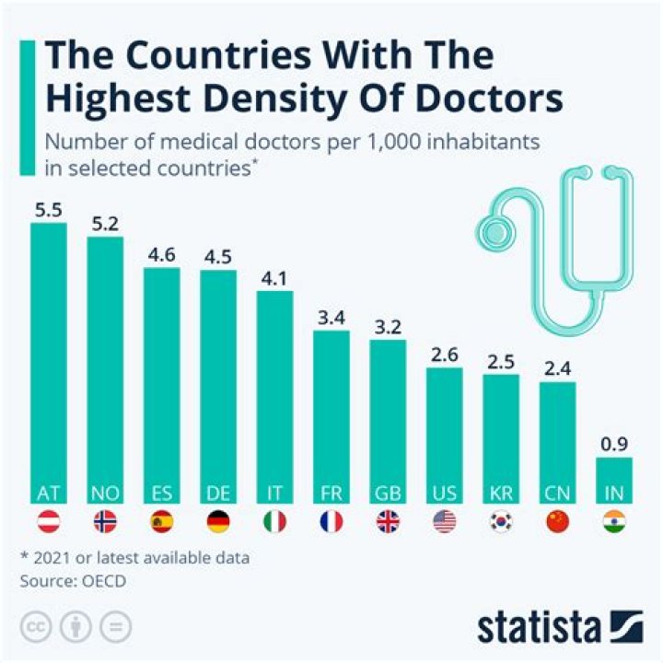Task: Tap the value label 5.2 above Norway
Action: coord(105,223)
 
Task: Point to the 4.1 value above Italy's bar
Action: coord(274,277)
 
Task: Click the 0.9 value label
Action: coord(614,444)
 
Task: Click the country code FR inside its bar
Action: coord(331,493)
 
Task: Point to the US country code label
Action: coord(445,493)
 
